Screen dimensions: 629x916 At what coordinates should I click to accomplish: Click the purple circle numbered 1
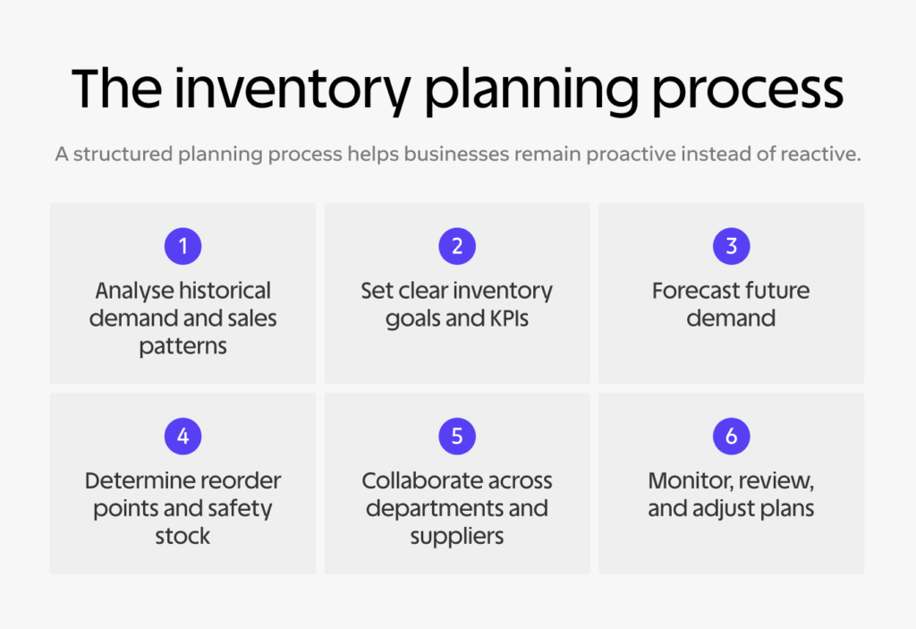[182, 246]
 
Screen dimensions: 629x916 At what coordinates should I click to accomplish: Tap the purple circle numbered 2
[457, 246]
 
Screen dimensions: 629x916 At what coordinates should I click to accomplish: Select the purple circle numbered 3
[731, 246]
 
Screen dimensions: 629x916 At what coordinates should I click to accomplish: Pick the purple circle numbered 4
[182, 436]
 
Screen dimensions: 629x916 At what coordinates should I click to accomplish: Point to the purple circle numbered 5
[457, 436]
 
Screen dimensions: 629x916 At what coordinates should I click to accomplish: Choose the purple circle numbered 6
[731, 436]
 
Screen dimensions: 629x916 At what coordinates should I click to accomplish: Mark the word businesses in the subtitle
[454, 155]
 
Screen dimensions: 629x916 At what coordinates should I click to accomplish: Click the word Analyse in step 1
[132, 292]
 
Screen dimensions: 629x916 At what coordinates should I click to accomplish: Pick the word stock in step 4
[182, 536]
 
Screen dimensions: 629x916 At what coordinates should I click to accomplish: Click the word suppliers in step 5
[457, 537]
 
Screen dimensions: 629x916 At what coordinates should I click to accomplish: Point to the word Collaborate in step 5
[416, 481]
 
